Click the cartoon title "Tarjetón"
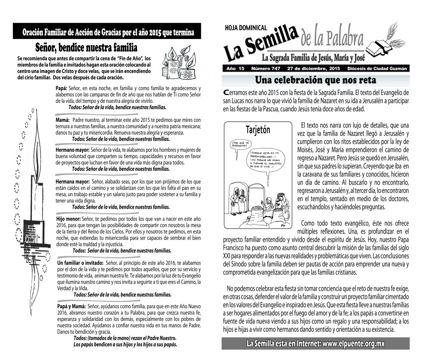258,130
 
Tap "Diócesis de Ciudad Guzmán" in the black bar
377,68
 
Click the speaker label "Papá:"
61,88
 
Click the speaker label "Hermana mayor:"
73,181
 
